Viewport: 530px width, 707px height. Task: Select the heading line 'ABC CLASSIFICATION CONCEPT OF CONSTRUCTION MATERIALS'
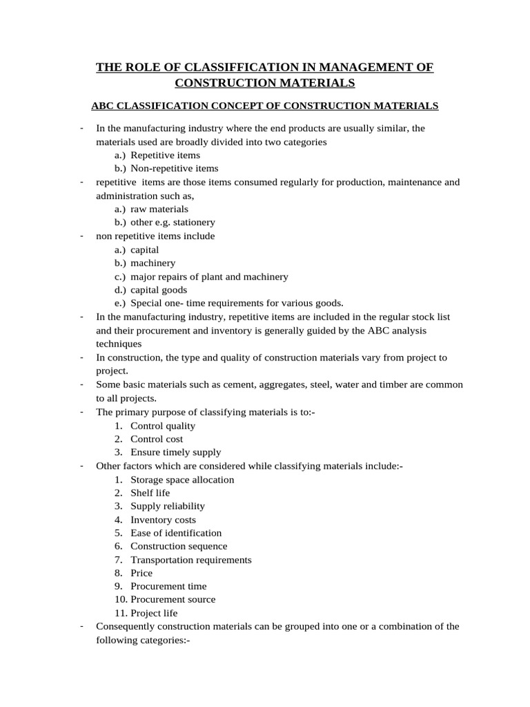click(x=265, y=106)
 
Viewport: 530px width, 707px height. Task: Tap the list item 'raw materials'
click(x=159, y=209)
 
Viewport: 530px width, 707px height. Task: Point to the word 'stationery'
click(x=191, y=222)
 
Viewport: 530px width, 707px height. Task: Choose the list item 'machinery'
click(x=153, y=263)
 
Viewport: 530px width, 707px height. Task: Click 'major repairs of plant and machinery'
click(x=209, y=277)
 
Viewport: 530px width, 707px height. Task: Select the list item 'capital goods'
click(x=159, y=290)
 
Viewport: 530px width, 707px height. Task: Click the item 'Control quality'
click(x=163, y=425)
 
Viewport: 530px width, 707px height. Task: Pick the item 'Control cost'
click(x=157, y=439)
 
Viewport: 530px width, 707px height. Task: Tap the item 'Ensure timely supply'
click(x=176, y=452)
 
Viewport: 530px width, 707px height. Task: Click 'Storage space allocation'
click(x=182, y=479)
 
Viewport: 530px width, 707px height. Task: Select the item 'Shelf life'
click(x=150, y=493)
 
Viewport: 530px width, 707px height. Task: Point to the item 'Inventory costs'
click(x=163, y=520)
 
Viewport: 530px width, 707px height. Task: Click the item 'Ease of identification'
click(x=176, y=533)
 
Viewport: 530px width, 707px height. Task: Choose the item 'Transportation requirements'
click(x=191, y=560)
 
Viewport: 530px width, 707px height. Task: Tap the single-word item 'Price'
click(x=141, y=573)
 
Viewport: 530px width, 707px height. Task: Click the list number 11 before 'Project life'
click(x=119, y=613)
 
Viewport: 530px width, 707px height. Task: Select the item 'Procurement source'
click(x=173, y=599)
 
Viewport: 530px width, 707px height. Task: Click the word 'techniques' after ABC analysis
click(x=119, y=344)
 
